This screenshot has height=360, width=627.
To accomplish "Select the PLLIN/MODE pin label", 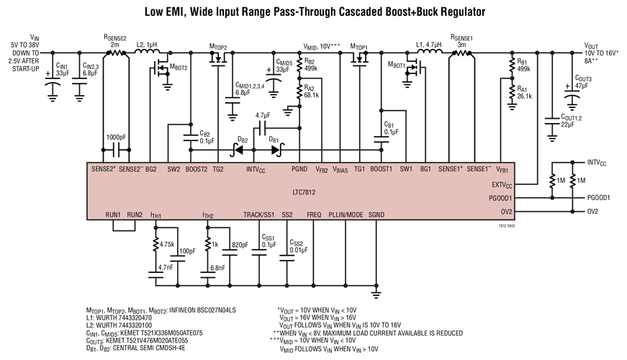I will tap(346, 215).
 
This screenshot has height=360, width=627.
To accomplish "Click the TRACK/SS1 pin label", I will tap(258, 215).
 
